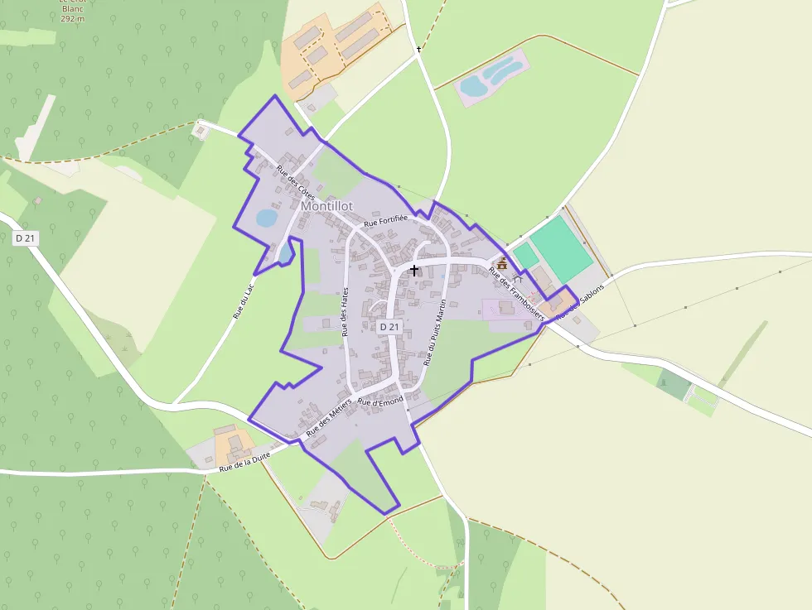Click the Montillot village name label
click(x=326, y=205)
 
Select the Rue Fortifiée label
click(x=386, y=220)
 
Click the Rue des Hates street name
click(x=346, y=311)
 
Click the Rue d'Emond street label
click(x=380, y=402)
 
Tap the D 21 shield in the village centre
click(x=389, y=328)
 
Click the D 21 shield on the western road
click(x=26, y=238)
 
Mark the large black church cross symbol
click(x=414, y=271)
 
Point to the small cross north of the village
click(x=418, y=50)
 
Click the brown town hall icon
click(x=502, y=262)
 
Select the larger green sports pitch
click(x=561, y=247)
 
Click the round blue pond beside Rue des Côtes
click(x=266, y=218)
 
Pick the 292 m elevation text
click(x=73, y=17)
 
